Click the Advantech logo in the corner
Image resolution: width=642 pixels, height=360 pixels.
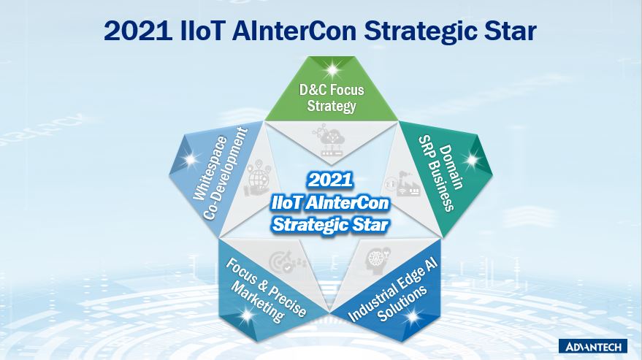592,346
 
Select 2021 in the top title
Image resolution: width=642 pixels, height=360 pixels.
138,31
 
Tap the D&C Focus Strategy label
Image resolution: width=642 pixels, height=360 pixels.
332,97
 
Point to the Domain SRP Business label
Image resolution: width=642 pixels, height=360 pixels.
440,177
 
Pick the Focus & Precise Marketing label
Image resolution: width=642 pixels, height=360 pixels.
266,289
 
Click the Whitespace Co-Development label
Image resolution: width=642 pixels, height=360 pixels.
221,174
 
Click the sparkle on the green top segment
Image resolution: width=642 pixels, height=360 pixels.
332,70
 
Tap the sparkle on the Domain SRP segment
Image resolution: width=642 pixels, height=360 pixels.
472,160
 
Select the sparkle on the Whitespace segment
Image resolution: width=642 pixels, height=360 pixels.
191,159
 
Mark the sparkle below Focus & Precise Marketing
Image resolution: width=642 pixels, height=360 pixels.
246,315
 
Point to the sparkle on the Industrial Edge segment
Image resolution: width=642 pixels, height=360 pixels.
414,315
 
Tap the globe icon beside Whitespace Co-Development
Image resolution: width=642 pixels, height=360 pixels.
257,177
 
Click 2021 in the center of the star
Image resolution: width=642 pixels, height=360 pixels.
330,180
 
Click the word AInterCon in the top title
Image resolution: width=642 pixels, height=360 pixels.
294,31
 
